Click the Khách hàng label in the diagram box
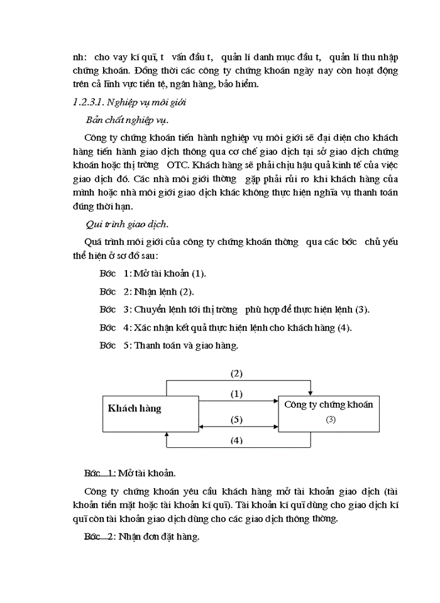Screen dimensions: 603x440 (x=135, y=408)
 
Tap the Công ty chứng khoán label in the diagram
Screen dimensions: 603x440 (x=328, y=405)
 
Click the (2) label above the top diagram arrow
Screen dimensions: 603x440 (x=236, y=373)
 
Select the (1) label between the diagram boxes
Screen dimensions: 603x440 (x=236, y=394)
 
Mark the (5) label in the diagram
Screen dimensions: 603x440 (x=236, y=419)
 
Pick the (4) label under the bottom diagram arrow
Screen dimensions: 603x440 (x=236, y=440)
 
